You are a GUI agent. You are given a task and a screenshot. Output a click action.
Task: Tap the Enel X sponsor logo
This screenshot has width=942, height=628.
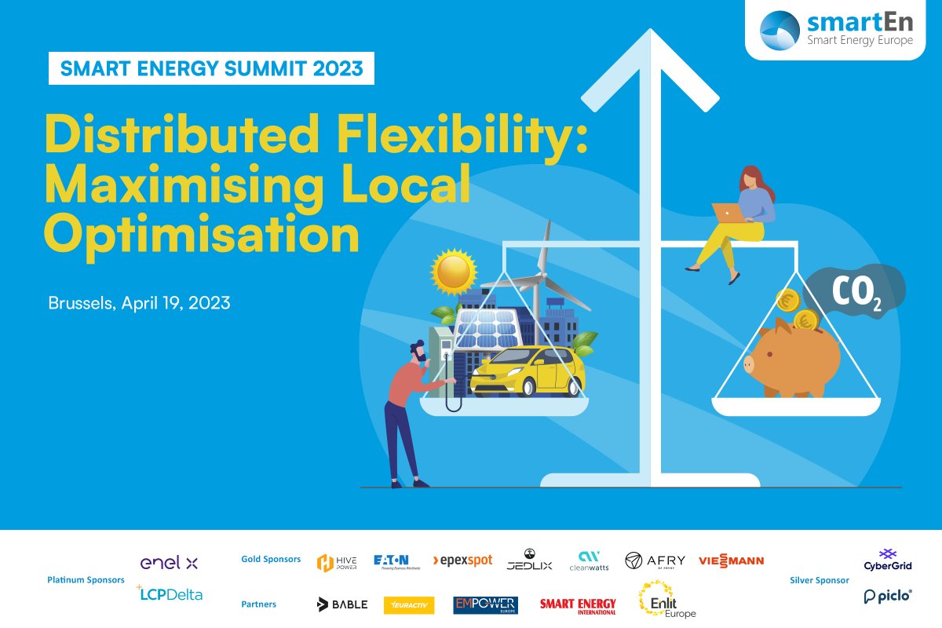[x=169, y=563]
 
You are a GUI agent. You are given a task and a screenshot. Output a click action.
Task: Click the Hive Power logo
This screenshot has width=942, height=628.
[x=337, y=562]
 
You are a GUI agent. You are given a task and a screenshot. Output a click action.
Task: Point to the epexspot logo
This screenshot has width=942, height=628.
[x=462, y=560]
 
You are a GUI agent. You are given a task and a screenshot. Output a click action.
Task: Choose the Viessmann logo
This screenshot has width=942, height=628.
[x=731, y=560]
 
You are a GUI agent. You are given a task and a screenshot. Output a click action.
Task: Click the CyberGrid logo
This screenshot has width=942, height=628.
[x=888, y=560]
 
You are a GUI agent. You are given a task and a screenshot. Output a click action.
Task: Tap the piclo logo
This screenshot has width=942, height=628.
[x=888, y=597]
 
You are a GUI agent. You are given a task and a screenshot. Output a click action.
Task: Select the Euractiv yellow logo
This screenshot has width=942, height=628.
[x=409, y=604]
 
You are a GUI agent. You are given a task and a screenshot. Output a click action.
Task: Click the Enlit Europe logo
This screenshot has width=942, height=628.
[x=666, y=600]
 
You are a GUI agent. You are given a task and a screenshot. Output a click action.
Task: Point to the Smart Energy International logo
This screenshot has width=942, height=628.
[x=578, y=605]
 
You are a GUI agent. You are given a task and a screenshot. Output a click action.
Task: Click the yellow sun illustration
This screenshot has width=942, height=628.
[x=454, y=272]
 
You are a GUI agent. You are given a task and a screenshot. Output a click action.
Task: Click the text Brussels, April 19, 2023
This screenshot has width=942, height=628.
[x=140, y=302]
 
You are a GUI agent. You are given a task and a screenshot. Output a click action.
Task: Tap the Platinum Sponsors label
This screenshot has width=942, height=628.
[x=86, y=580]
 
